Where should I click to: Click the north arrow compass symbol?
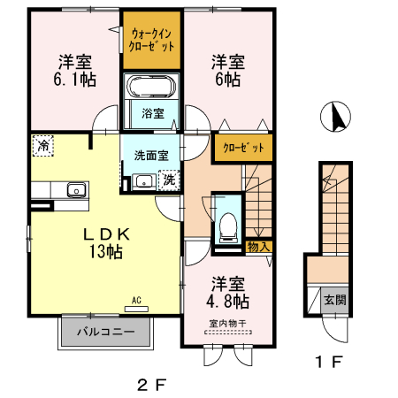coord(336,115)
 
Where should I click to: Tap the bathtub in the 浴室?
coord(152,88)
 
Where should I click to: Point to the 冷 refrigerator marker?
coord(42,143)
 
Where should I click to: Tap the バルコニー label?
coord(104,334)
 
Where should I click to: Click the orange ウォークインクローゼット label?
coord(152,39)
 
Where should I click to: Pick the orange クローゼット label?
coord(241,147)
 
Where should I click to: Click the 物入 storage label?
coord(258,247)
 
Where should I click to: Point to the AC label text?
coord(137,301)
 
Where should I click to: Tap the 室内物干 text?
coord(228,322)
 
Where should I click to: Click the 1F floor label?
coord(329,362)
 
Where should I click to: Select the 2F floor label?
coord(150,385)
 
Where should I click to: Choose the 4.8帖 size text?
coord(228,302)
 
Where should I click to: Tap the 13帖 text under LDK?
coord(106,252)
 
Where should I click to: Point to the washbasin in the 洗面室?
coord(142,182)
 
